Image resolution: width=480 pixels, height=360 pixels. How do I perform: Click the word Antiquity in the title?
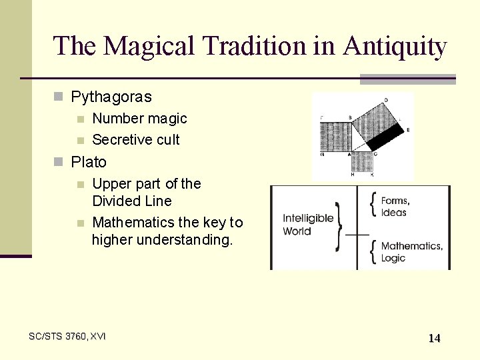(x=395, y=46)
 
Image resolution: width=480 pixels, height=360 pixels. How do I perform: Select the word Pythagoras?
(x=111, y=97)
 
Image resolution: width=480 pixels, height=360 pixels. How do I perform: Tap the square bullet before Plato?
(x=58, y=162)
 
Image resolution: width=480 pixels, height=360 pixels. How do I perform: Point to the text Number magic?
(x=139, y=119)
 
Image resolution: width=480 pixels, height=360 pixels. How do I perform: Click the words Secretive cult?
(x=136, y=140)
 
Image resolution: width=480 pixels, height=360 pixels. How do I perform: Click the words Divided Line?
(x=132, y=201)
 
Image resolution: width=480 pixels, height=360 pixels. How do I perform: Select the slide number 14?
(x=434, y=338)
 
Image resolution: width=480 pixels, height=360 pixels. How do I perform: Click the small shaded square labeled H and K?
(x=362, y=162)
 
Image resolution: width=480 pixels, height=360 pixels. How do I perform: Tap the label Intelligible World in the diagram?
(x=307, y=225)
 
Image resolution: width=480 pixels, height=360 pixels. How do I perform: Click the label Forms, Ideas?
(x=395, y=207)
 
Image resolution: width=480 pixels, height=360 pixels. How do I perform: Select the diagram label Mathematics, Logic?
(x=411, y=252)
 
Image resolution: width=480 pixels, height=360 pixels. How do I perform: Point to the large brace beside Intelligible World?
(x=340, y=225)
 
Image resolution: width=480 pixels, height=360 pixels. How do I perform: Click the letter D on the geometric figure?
(x=385, y=100)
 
